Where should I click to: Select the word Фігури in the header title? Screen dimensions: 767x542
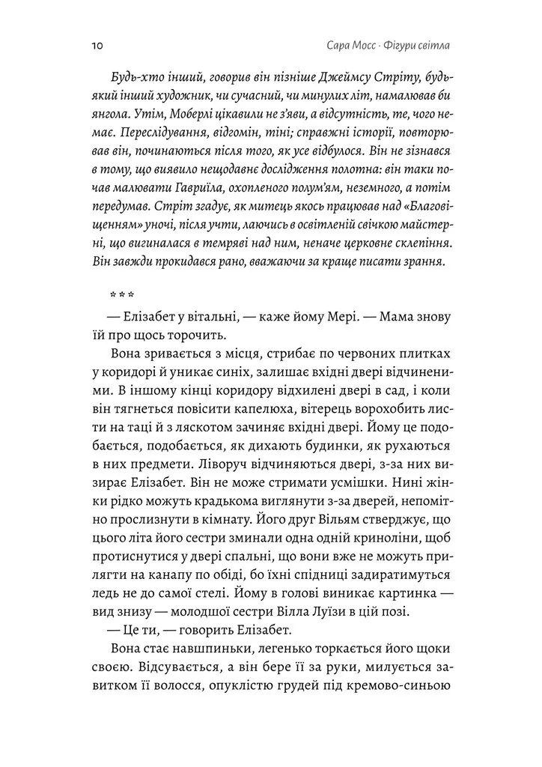[x=404, y=46]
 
